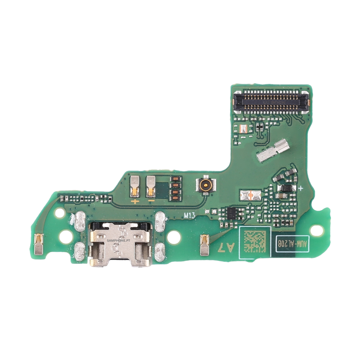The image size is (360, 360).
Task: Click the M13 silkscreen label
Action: (189, 215)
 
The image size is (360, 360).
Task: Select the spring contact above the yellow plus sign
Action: (135, 186)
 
